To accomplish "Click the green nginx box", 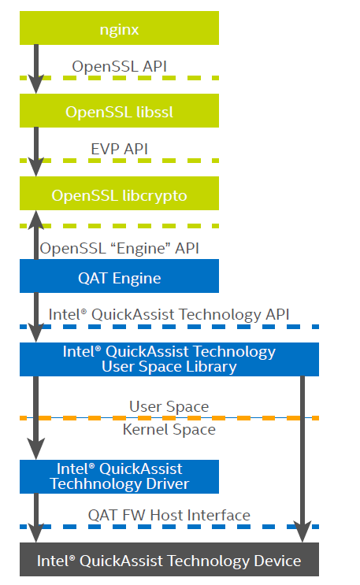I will (119, 29).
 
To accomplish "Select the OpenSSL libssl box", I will (119, 111).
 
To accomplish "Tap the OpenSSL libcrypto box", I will (119, 194).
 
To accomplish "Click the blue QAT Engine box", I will (119, 277).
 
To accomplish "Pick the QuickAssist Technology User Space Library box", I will (169, 359).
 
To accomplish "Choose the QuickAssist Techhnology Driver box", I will (119, 476).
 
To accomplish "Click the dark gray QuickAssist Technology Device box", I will (169, 561).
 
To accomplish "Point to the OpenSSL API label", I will (119, 66).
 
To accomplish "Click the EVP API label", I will (119, 148).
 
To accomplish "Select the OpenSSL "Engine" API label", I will (119, 247).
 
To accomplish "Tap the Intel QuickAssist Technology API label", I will (169, 314).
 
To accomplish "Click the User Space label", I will (169, 406).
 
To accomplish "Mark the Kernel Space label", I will (169, 430).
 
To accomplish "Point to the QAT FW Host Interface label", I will (169, 515).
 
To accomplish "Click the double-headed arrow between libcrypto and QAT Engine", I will (35, 236).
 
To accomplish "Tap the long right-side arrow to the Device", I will (302, 457).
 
